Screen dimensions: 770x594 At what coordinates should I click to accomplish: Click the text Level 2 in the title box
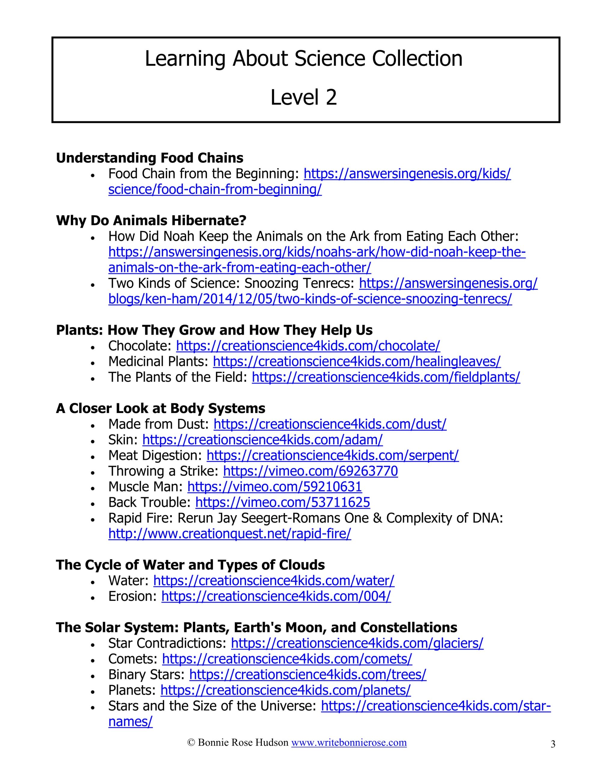pyautogui.click(x=304, y=97)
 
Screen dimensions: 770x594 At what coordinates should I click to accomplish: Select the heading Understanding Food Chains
pyautogui.click(x=150, y=158)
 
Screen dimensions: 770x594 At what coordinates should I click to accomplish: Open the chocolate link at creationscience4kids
pyautogui.click(x=308, y=346)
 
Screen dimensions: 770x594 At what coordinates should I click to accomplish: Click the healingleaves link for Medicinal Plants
pyautogui.click(x=357, y=361)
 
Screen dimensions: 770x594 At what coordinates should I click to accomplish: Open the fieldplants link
pyautogui.click(x=386, y=377)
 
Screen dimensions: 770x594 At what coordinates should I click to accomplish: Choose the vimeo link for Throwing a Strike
pyautogui.click(x=310, y=471)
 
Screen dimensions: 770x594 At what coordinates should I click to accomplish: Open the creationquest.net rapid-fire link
pyautogui.click(x=229, y=534)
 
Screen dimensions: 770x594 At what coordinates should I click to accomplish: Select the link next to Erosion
pyautogui.click(x=276, y=596)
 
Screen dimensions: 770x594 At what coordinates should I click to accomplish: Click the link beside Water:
pyautogui.click(x=274, y=581)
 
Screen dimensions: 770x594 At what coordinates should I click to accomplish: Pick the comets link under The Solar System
pyautogui.click(x=287, y=659)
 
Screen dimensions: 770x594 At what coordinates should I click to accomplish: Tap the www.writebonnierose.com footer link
pyautogui.click(x=349, y=743)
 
